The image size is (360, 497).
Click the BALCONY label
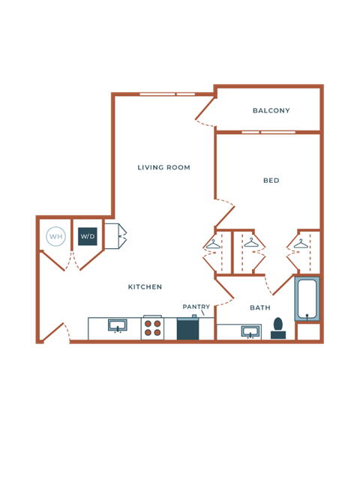(x=271, y=111)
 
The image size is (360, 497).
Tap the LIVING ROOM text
(x=163, y=168)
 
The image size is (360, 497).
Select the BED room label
(x=271, y=181)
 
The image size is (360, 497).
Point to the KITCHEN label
(x=145, y=287)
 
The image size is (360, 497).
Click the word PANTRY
(x=196, y=307)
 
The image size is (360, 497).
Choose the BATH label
(x=260, y=307)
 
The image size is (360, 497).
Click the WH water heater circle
(x=55, y=237)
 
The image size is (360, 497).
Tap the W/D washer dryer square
(x=88, y=237)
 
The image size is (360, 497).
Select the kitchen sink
(x=117, y=327)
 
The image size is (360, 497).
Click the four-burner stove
(x=152, y=328)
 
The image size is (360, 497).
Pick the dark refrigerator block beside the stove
(x=187, y=329)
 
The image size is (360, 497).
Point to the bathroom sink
(x=251, y=332)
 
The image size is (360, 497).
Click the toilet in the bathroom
(x=278, y=328)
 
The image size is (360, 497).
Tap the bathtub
(x=307, y=299)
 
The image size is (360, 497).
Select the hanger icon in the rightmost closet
(x=301, y=244)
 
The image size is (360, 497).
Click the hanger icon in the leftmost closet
(x=213, y=244)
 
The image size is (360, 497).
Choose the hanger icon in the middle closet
(x=250, y=243)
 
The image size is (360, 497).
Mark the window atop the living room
(x=167, y=94)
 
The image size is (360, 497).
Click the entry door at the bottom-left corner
(x=54, y=332)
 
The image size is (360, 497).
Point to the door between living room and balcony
(x=205, y=110)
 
